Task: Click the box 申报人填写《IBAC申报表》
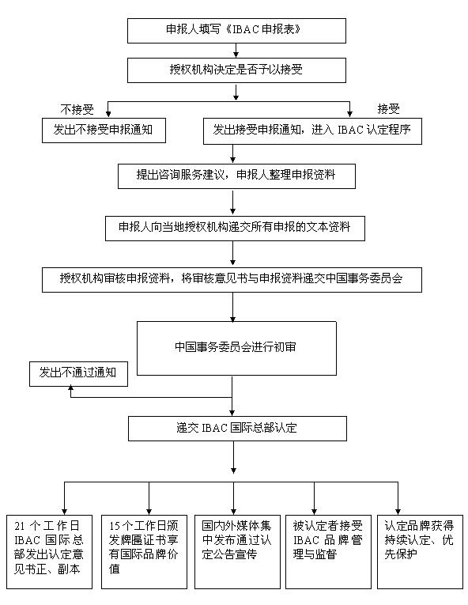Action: click(x=236, y=31)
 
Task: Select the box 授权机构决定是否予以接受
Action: click(x=236, y=70)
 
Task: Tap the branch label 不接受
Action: click(x=77, y=110)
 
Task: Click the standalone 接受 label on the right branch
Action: click(x=388, y=109)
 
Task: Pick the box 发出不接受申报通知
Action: click(x=104, y=130)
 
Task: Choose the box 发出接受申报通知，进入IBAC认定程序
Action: click(x=312, y=131)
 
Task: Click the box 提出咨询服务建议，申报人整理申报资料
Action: click(x=236, y=176)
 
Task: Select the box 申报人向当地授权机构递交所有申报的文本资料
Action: click(x=235, y=229)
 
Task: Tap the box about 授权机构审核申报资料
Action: click(x=232, y=280)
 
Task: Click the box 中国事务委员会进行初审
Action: click(x=236, y=349)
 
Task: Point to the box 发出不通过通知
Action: click(x=78, y=374)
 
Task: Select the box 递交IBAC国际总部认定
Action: click(x=237, y=429)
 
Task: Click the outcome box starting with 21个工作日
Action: click(x=49, y=552)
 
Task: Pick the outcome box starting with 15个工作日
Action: click(x=145, y=552)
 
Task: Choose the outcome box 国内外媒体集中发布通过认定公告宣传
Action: click(x=237, y=552)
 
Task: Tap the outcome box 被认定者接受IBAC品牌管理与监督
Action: click(x=328, y=552)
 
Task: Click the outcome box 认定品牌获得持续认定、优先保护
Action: click(x=420, y=552)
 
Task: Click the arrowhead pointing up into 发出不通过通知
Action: click(x=70, y=389)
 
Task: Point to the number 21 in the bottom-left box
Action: click(x=20, y=525)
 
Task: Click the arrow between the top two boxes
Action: click(x=236, y=51)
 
